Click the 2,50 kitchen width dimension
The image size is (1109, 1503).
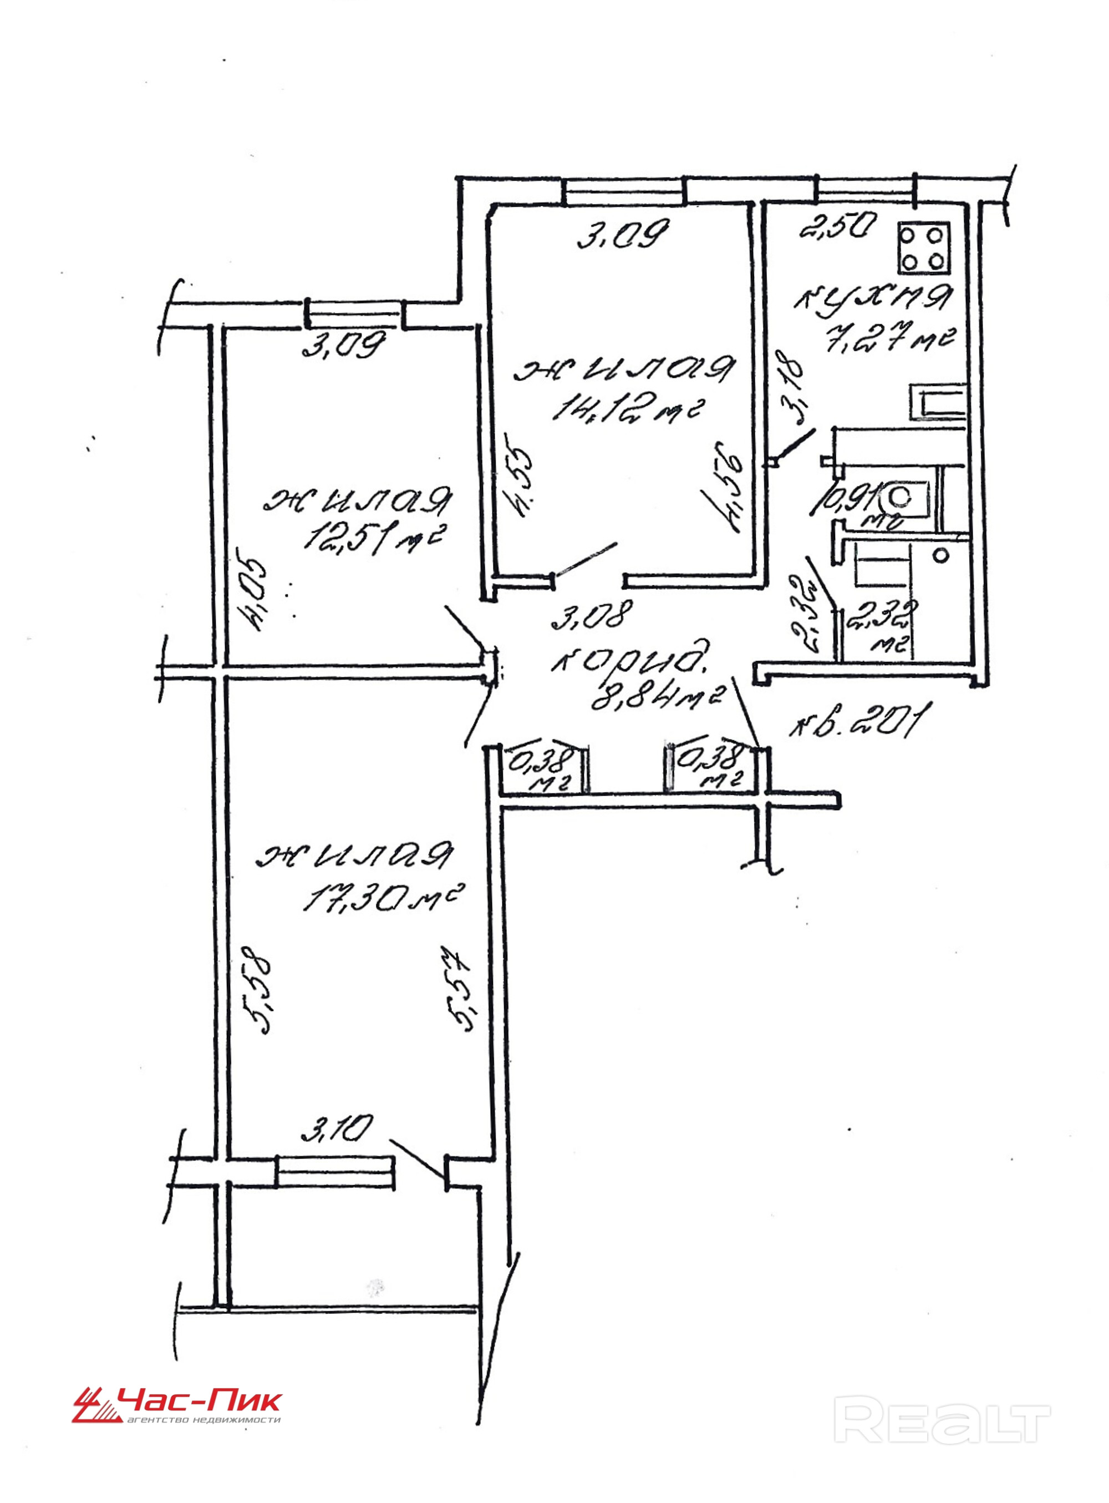835,227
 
